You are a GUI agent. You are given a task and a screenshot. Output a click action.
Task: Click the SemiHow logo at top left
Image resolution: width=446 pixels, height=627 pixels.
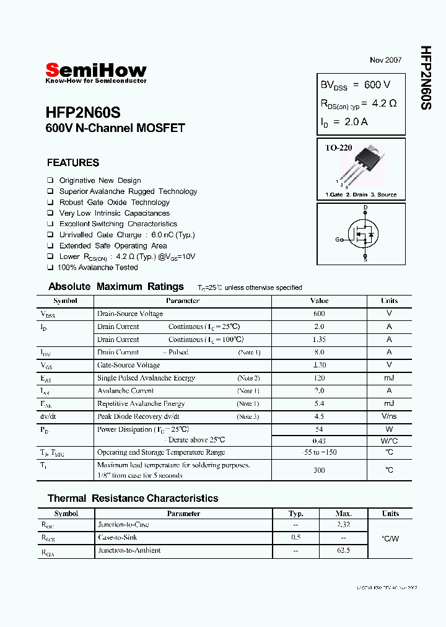96,72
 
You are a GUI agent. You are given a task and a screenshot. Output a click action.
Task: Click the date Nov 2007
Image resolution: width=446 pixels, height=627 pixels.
385,60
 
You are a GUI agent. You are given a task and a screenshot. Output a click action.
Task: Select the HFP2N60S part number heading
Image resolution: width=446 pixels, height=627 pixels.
82,113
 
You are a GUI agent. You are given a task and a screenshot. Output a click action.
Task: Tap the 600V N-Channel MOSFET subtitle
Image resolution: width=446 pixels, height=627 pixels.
115,129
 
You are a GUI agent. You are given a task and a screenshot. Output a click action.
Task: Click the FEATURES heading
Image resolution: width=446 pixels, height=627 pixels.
73,163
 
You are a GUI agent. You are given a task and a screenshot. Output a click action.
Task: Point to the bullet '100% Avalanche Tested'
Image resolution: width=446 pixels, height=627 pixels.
97,268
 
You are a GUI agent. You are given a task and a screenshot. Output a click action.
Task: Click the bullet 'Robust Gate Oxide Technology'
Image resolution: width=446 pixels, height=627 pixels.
114,203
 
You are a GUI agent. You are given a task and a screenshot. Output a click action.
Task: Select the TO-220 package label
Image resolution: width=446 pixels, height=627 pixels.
339,148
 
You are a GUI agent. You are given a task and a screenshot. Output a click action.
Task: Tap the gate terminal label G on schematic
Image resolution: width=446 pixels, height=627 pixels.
338,239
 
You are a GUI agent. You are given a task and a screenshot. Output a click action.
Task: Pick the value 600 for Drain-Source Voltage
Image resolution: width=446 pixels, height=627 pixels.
319,314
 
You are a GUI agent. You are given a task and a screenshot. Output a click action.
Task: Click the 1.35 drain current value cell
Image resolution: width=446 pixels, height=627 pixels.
319,340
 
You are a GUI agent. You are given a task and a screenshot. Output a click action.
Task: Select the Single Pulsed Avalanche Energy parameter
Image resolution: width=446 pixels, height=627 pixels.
146,378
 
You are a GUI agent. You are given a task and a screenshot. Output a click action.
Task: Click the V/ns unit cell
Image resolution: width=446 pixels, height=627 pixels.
389,416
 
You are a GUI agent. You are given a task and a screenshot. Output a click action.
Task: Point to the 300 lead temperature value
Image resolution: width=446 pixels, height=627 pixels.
319,470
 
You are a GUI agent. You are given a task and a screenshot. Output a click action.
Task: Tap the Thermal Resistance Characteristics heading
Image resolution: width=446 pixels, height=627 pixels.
133,498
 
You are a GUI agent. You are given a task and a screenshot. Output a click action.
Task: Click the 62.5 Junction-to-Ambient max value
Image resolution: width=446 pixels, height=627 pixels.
343,550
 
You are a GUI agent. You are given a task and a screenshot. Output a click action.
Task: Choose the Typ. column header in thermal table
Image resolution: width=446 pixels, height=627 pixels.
296,514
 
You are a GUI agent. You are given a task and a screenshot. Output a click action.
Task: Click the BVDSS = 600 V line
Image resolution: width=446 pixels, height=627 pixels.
355,85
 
